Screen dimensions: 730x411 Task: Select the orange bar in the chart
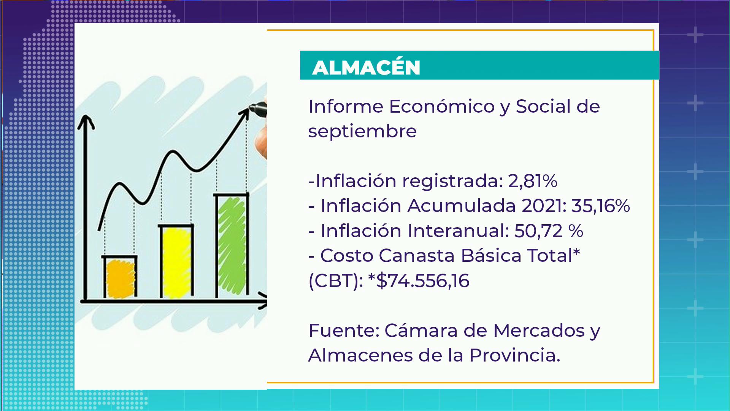coord(120,277)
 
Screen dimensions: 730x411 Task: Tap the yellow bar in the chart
coord(176,261)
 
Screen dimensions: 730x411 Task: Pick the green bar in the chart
coord(232,245)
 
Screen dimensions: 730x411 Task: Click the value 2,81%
coord(533,181)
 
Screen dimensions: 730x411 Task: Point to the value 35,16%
coord(600,206)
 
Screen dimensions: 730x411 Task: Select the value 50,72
coord(538,231)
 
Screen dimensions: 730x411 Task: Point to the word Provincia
coord(514,355)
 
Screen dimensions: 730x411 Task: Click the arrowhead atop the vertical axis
coord(86,122)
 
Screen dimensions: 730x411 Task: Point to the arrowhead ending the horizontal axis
coord(262,300)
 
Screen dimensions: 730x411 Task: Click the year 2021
coord(544,206)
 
